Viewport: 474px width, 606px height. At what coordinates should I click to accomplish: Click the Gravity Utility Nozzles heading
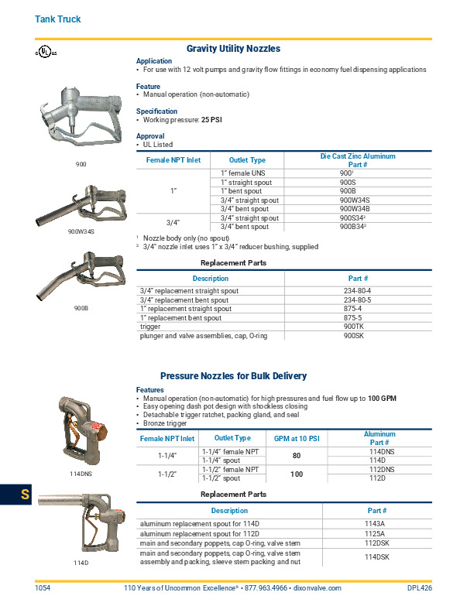(x=233, y=48)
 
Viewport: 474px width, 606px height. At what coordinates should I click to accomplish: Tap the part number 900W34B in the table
(x=355, y=208)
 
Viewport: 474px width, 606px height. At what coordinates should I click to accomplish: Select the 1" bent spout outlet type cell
(x=241, y=190)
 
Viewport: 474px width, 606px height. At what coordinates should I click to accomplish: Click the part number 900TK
(x=354, y=327)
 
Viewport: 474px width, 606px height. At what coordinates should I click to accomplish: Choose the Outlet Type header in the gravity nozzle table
(x=247, y=160)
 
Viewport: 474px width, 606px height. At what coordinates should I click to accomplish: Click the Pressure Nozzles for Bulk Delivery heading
(x=233, y=376)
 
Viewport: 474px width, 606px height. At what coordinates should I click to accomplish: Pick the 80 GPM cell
(x=296, y=455)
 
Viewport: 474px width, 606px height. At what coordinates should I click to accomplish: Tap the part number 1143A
(x=376, y=523)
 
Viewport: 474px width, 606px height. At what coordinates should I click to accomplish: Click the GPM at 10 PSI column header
(x=297, y=438)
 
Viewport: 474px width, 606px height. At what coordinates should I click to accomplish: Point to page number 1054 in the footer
(x=43, y=588)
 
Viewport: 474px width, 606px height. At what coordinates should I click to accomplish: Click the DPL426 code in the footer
(x=419, y=588)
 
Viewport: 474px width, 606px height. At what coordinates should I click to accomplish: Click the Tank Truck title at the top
(x=58, y=19)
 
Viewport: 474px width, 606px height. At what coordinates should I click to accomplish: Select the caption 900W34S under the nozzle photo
(x=81, y=231)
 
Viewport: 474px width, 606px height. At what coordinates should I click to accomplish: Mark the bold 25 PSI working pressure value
(x=212, y=120)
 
